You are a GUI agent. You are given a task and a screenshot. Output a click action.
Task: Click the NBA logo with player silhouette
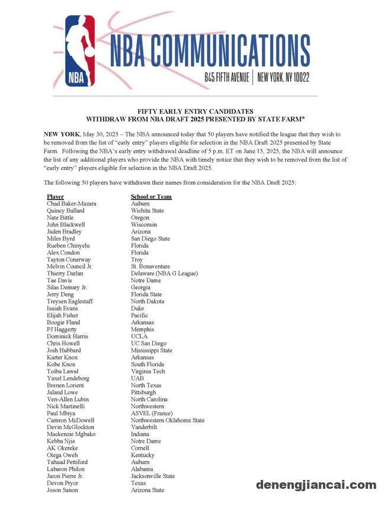click(81, 52)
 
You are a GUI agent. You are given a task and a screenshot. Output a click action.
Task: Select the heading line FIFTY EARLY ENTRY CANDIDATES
click(195, 111)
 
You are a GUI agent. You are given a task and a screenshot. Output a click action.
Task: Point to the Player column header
click(55, 196)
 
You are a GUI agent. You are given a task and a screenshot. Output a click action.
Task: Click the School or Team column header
click(151, 196)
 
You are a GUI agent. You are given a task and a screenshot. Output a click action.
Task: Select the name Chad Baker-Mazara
click(71, 203)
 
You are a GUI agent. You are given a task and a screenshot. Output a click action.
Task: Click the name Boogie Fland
click(63, 322)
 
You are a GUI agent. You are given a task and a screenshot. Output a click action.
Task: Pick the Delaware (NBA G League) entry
click(164, 273)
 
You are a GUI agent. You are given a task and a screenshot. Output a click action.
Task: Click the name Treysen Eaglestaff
click(70, 301)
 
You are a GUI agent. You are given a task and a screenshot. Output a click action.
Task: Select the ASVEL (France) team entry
click(151, 413)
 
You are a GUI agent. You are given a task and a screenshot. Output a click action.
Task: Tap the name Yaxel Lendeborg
click(68, 378)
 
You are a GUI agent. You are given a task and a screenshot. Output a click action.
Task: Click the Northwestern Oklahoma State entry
click(168, 420)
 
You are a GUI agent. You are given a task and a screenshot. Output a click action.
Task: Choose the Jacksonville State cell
click(152, 476)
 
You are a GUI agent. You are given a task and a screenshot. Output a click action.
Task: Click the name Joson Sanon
click(62, 490)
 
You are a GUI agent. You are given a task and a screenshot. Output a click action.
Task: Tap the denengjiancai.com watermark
click(316, 485)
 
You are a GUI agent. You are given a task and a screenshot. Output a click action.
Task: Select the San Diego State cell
click(150, 238)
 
